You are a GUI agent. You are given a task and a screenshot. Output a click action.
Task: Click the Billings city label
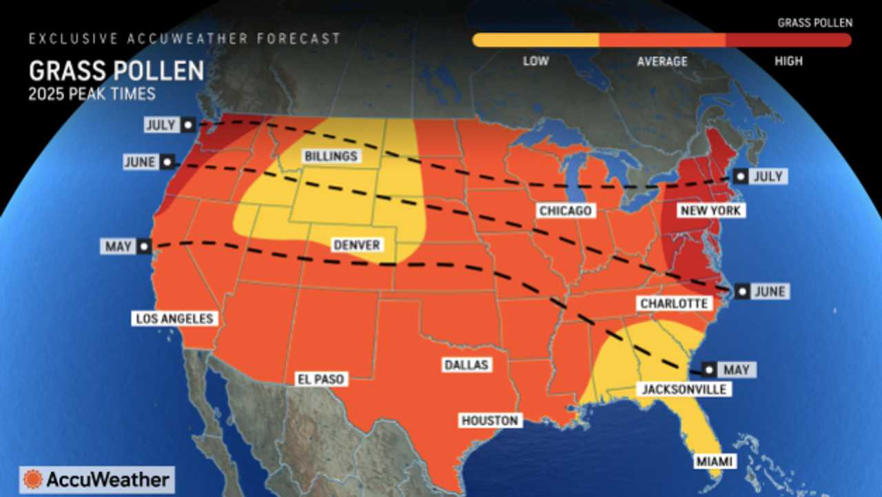click(331, 156)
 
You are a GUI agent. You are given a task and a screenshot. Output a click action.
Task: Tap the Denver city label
click(356, 245)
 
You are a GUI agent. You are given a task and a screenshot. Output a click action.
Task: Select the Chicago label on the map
click(566, 210)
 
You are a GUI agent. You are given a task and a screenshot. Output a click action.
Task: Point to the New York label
click(710, 210)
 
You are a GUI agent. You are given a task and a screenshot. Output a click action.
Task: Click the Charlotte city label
click(673, 303)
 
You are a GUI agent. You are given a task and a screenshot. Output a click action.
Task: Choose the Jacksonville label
click(684, 389)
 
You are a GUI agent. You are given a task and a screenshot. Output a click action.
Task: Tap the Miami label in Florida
click(714, 461)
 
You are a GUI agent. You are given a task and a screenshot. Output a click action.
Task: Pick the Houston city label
click(490, 420)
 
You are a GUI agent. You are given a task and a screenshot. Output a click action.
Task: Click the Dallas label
click(466, 365)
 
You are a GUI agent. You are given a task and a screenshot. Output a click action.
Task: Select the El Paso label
click(320, 379)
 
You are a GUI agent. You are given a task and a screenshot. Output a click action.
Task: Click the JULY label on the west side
click(161, 125)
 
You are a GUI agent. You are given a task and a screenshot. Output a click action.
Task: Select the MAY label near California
click(118, 246)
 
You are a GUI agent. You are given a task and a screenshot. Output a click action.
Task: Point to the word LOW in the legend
click(535, 61)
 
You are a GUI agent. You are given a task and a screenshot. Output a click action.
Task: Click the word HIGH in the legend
click(788, 61)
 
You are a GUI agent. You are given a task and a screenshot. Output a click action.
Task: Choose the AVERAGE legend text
click(661, 61)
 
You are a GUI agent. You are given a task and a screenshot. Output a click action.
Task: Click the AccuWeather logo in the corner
click(96, 479)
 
